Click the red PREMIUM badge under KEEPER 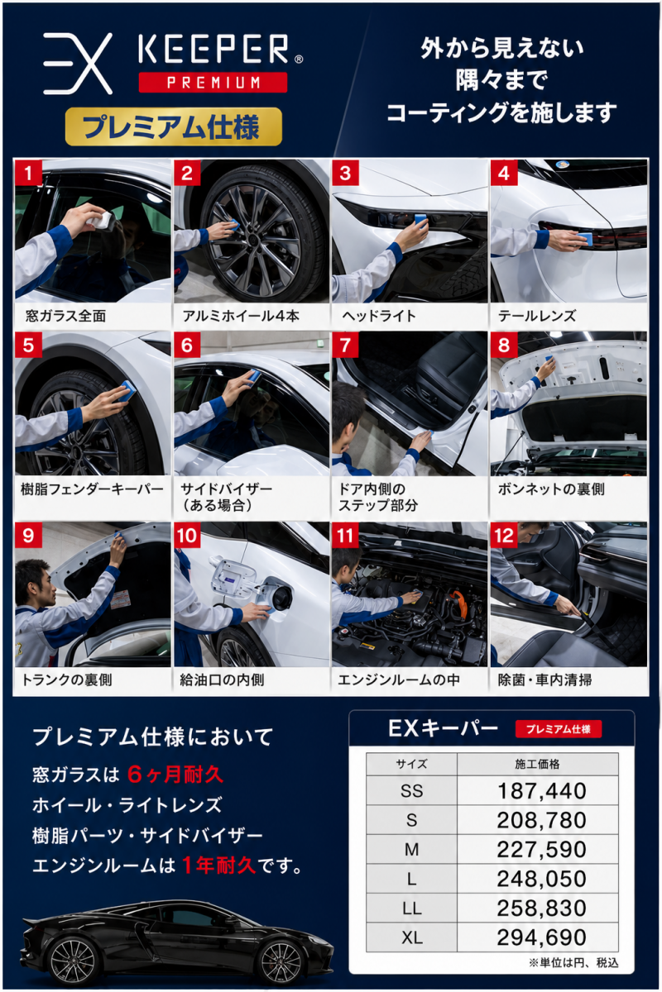[213, 83]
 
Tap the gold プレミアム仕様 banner [174, 126]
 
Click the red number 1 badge [28, 173]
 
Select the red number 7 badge [345, 345]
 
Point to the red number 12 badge [504, 536]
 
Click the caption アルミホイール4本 [241, 316]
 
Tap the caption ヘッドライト [379, 316]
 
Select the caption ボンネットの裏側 [551, 489]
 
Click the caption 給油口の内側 [222, 680]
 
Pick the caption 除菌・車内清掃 [545, 680]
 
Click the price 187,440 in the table [541, 791]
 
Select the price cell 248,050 [541, 879]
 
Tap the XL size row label [412, 937]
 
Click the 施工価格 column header [537, 764]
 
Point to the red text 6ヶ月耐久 [175, 775]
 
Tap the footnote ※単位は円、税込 [573, 962]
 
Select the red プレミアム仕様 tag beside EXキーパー [559, 729]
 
